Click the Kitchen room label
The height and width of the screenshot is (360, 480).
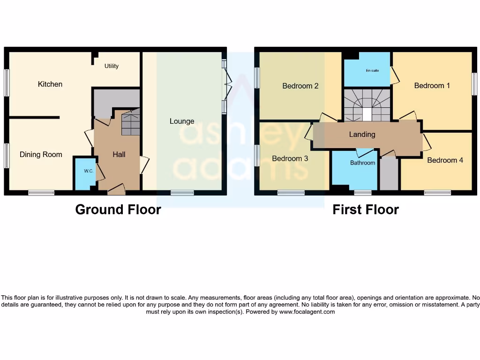pos(50,84)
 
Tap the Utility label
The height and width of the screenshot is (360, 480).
pos(112,66)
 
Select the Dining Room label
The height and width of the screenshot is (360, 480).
pos(41,155)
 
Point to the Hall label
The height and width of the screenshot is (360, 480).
pos(119,155)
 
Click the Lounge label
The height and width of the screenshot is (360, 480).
pos(182,121)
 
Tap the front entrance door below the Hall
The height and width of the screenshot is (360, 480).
pos(116,190)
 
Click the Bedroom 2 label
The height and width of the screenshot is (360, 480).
pos(300,86)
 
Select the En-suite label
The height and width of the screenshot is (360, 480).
pos(372,71)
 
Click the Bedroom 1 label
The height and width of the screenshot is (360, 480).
pos(432,86)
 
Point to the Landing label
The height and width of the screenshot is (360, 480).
pos(362,135)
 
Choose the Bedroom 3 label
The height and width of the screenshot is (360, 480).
pos(290,158)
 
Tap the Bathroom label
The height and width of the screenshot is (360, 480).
pos(363,163)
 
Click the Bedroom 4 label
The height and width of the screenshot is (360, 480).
pos(445,160)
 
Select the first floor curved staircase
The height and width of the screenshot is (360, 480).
pos(367,104)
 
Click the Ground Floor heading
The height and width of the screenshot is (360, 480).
pos(118,210)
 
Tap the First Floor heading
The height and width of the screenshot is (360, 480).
pos(366,210)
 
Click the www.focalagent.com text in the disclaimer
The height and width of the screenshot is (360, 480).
pos(307,312)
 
